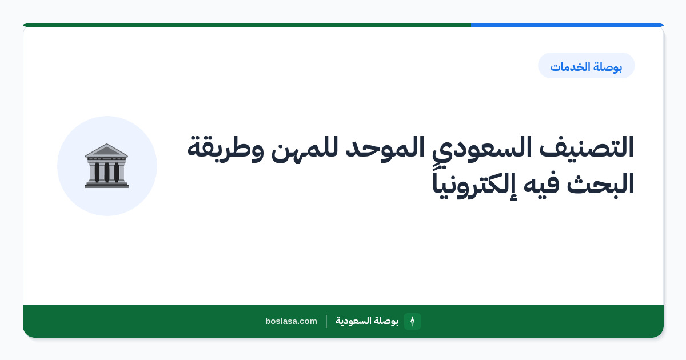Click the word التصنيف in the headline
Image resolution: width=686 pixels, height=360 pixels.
(x=586, y=147)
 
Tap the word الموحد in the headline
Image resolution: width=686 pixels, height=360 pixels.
(x=385, y=147)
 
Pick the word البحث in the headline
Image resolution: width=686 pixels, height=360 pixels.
(x=600, y=183)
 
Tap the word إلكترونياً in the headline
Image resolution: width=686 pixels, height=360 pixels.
(x=474, y=184)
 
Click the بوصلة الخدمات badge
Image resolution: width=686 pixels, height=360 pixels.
(x=586, y=66)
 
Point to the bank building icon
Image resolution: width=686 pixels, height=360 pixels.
(x=106, y=166)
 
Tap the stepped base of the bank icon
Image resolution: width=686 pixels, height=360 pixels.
(x=106, y=185)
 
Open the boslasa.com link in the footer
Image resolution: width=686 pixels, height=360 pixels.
(x=291, y=321)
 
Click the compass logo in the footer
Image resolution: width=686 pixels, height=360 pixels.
(x=412, y=321)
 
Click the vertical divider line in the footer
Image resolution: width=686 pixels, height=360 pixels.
(x=326, y=321)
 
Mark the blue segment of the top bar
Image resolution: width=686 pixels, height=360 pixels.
(x=567, y=25)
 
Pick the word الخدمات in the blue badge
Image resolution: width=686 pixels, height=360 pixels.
(x=569, y=66)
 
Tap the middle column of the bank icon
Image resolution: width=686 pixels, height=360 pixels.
(x=106, y=173)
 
